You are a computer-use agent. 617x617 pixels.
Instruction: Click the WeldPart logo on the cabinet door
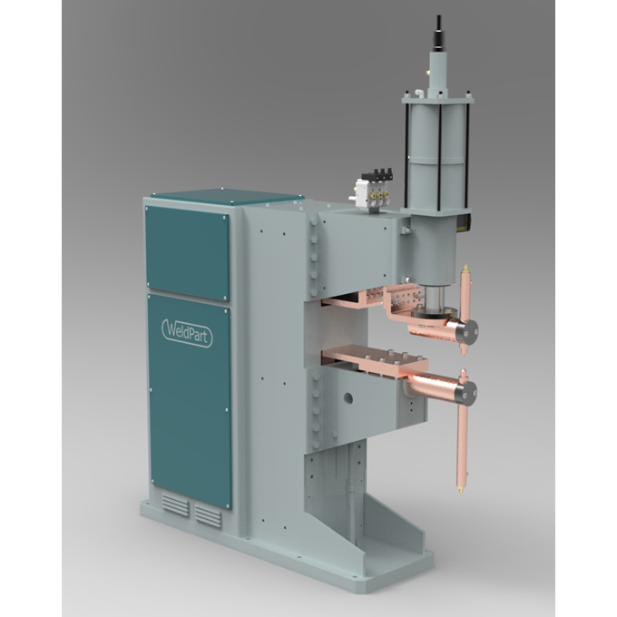click(x=187, y=333)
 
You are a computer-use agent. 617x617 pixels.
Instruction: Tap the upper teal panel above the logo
click(x=187, y=253)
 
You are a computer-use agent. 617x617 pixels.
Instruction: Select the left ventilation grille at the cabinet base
click(x=175, y=504)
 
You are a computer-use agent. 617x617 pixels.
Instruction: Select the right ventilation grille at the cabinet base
click(x=208, y=516)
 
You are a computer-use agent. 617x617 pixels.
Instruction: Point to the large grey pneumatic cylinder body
click(x=436, y=153)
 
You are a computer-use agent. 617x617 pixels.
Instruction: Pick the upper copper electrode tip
click(x=465, y=269)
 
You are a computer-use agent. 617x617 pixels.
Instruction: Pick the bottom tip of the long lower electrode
click(x=460, y=490)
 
